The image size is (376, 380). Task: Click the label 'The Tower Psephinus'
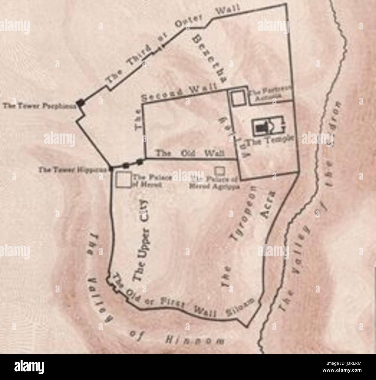pos(40,106)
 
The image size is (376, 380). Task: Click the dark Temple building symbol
pos(262,127)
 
